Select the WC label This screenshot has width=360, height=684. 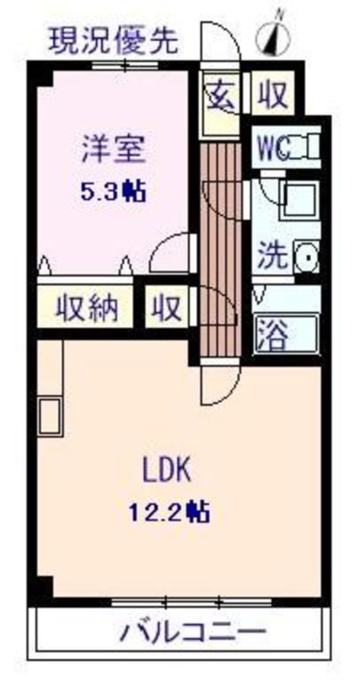274,148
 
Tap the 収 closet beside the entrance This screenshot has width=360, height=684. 272,94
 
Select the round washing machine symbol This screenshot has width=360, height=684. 306,257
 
